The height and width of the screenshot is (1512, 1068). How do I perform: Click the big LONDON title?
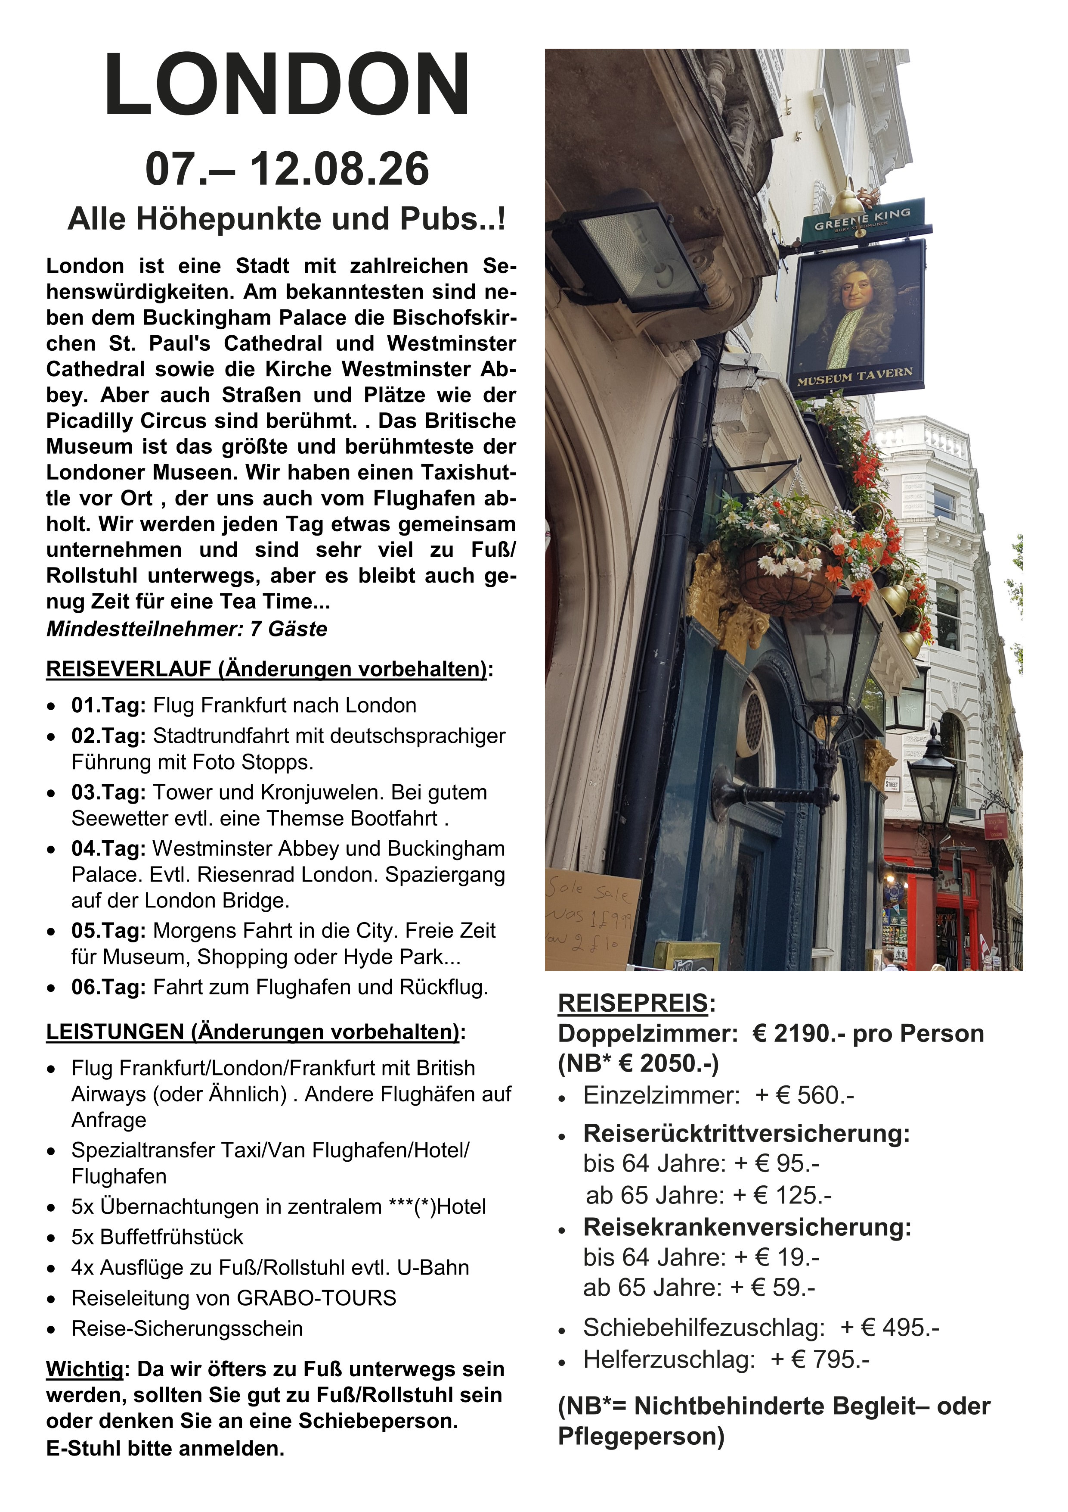(x=287, y=86)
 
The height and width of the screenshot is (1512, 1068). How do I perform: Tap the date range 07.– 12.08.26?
(x=287, y=169)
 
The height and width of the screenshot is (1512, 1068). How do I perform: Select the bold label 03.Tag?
(x=108, y=792)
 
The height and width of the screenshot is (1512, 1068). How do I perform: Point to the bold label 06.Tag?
(x=108, y=987)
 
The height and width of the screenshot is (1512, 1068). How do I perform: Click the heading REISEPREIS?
(x=632, y=1004)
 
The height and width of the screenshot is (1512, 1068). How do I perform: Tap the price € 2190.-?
(x=798, y=1034)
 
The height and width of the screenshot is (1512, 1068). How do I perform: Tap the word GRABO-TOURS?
(x=316, y=1298)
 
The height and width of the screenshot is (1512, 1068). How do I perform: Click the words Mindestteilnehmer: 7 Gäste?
(x=187, y=629)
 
